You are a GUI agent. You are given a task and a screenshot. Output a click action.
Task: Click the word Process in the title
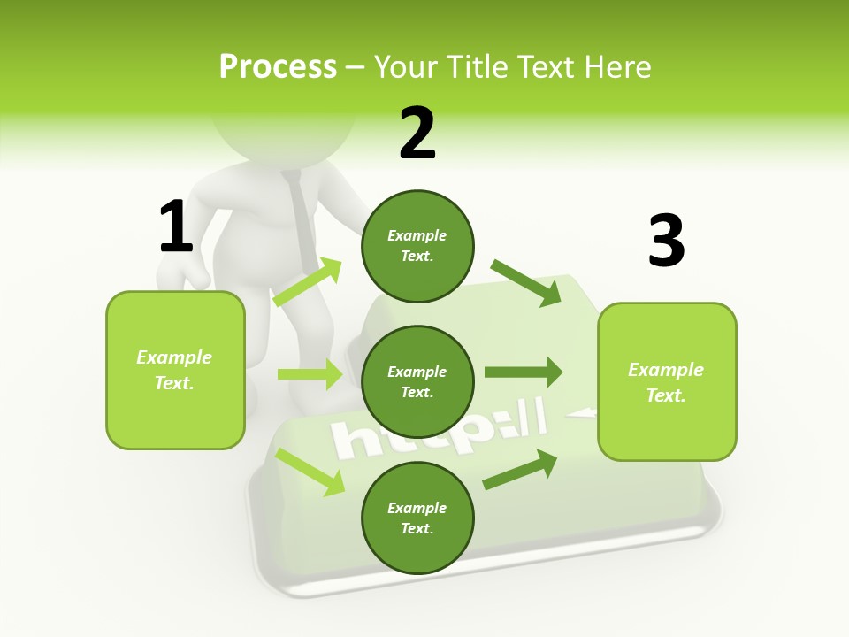[278, 67]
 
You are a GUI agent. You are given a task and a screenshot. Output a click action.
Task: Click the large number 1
[176, 226]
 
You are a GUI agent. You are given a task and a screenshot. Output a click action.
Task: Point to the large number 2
[417, 134]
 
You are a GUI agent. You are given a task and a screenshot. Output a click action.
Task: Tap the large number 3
[666, 241]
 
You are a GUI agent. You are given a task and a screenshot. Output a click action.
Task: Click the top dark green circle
[417, 246]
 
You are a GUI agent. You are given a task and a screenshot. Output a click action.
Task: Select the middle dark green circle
[417, 382]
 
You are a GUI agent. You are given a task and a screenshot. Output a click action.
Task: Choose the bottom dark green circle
[417, 518]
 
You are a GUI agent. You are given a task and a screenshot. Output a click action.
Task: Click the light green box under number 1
[175, 370]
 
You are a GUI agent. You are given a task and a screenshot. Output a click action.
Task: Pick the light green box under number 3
[667, 382]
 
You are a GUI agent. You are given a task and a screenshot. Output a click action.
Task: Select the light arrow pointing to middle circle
[310, 374]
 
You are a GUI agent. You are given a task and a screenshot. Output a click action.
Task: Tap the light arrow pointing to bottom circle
[310, 472]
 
